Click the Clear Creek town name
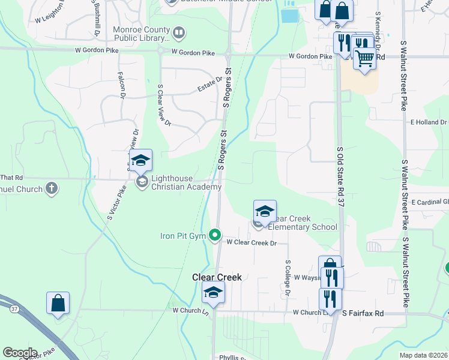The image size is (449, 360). point(217,277)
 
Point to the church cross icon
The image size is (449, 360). point(52,188)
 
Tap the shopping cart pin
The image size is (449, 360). point(364,59)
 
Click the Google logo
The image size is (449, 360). point(20,353)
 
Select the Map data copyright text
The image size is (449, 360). point(424,355)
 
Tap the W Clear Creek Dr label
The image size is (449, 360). point(252,243)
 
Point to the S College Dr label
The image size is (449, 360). point(288,277)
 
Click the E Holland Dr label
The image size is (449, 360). point(429,122)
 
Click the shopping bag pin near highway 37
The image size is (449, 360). point(58,303)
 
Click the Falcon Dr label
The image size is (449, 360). point(122,85)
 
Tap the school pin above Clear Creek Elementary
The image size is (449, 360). point(265,211)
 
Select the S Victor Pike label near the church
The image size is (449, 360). point(118,204)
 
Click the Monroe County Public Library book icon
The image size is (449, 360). point(178,32)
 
